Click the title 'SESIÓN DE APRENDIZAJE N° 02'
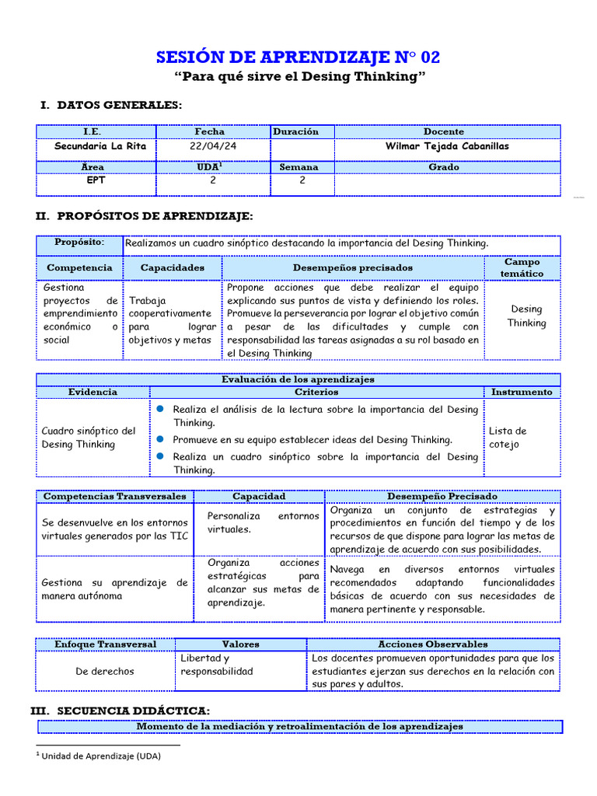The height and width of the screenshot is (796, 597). (x=298, y=57)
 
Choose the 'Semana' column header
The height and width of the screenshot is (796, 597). (x=302, y=166)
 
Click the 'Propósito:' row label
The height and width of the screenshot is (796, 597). (x=79, y=243)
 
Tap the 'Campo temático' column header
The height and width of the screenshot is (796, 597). (x=522, y=267)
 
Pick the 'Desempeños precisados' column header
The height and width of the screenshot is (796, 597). (x=353, y=267)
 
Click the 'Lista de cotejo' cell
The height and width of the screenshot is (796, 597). (x=508, y=437)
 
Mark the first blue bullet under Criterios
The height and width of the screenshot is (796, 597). (x=159, y=409)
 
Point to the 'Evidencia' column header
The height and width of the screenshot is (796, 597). (x=93, y=392)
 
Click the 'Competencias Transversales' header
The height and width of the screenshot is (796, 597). (x=115, y=496)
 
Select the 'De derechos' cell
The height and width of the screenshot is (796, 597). (x=104, y=671)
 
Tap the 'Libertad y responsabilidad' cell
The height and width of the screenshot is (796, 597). (x=214, y=665)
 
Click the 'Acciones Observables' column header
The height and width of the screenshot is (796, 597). (x=432, y=644)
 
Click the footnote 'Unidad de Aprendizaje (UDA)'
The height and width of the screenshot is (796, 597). (x=100, y=756)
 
